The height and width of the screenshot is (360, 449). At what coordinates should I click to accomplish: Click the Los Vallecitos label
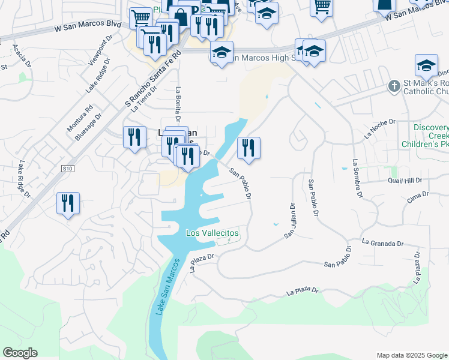click(x=212, y=233)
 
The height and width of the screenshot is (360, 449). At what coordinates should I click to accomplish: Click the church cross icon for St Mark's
click(x=394, y=86)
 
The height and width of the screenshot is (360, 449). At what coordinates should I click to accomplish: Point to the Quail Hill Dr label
click(x=406, y=180)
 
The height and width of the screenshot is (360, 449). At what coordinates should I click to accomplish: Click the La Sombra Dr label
click(x=358, y=178)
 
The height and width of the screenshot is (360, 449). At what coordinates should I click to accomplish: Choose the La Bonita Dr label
click(x=178, y=103)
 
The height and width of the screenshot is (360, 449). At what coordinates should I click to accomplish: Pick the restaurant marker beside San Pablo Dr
click(x=249, y=148)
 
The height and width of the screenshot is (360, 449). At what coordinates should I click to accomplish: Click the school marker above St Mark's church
click(x=426, y=66)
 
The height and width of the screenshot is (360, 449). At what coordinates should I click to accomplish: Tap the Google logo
click(x=20, y=353)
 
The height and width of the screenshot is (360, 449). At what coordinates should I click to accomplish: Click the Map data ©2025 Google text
click(x=412, y=355)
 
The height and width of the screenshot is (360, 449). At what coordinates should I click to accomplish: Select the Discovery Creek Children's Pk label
click(x=431, y=136)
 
